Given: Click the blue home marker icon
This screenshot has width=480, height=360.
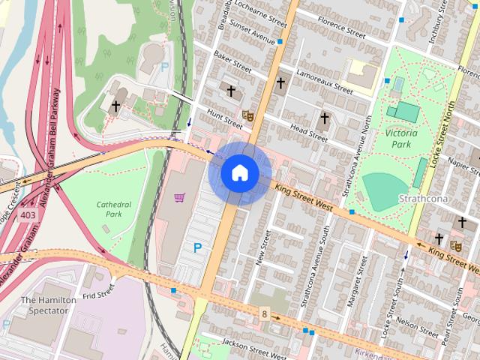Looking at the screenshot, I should [239, 173].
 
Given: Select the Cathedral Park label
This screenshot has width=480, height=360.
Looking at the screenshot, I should [114, 209].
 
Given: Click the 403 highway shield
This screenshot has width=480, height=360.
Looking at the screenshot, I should [28, 215].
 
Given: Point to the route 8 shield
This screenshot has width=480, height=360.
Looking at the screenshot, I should [264, 312].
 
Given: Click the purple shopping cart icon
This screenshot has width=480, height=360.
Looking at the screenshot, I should [180, 198].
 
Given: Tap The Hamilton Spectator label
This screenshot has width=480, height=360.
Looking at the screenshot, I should [48, 306].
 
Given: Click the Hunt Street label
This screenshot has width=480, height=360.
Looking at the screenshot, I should [226, 117].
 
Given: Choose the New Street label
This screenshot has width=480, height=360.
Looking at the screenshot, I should [262, 249].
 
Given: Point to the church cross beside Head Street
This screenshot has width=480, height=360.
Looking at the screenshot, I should [325, 118].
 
